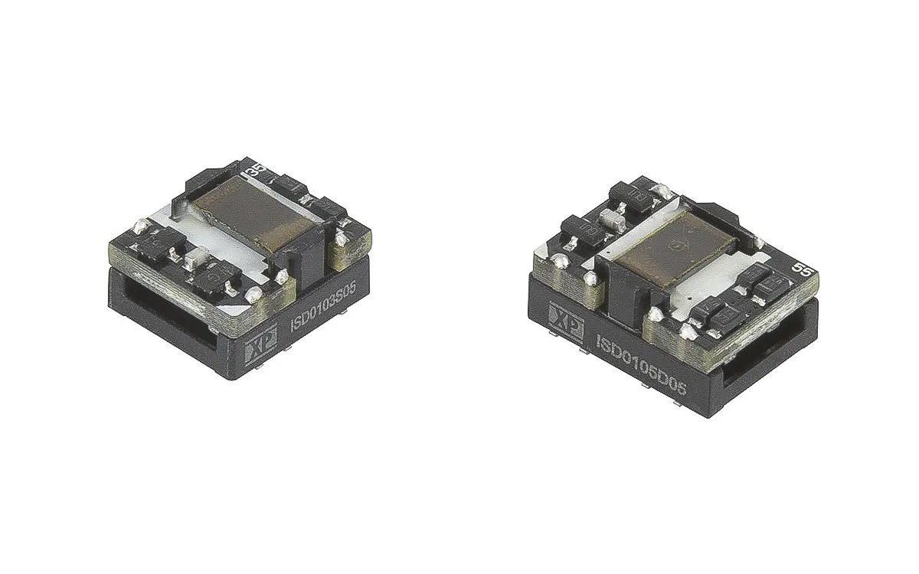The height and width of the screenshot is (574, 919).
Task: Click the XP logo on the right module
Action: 566,317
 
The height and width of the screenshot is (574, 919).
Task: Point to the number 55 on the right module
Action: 802,269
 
